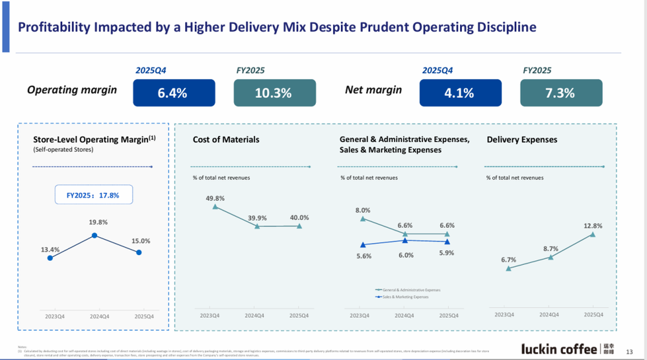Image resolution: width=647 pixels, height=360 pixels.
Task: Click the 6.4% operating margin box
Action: coord(172,93)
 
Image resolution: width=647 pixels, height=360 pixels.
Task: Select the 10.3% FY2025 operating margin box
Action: coord(274,93)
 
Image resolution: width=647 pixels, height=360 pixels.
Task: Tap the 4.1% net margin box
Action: coord(459,93)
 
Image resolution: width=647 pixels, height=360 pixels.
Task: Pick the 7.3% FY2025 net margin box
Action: coord(560,93)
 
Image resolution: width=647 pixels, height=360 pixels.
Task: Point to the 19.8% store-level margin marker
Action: coord(94,236)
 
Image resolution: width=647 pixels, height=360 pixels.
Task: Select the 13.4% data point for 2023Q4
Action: coord(50,258)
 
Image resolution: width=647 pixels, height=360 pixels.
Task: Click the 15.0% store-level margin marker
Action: coord(139,253)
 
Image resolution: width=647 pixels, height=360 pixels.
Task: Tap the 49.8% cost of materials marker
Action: coord(215,207)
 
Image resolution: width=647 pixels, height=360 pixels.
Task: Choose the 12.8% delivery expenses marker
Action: coord(593,234)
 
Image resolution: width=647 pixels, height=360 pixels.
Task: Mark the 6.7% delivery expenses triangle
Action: coord(509,268)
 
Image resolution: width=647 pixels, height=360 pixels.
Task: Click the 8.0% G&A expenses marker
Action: coord(363,219)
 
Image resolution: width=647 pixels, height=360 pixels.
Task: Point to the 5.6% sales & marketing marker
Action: coord(363,245)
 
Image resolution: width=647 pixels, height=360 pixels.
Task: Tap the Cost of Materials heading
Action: coord(226,139)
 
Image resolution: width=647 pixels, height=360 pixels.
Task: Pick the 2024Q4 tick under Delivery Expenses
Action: coord(550,315)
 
